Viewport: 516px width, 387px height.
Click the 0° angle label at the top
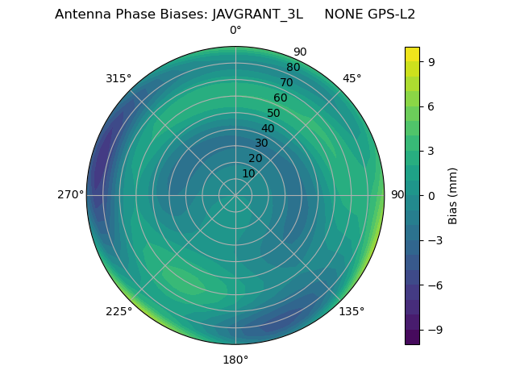click(x=235, y=31)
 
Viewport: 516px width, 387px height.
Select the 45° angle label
click(x=352, y=78)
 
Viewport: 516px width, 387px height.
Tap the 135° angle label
click(x=352, y=311)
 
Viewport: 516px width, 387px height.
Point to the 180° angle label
click(x=235, y=360)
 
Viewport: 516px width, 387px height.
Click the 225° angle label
click(x=119, y=311)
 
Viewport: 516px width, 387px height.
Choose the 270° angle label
click(x=70, y=195)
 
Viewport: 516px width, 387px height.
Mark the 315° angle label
click(x=119, y=78)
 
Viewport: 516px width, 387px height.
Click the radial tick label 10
click(x=248, y=173)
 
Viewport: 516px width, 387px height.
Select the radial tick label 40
click(x=268, y=128)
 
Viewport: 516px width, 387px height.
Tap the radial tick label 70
click(x=287, y=82)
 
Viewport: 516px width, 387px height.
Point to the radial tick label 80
click(x=293, y=67)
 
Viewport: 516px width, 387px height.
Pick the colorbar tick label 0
click(x=431, y=195)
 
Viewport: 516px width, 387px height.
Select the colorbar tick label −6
click(x=434, y=285)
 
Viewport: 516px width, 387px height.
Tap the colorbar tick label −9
click(x=434, y=330)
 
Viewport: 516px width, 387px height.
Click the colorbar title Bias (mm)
click(x=453, y=195)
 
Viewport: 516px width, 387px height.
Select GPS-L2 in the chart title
click(x=390, y=15)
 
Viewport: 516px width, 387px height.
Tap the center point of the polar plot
click(x=235, y=195)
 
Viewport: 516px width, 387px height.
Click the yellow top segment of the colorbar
click(x=412, y=53)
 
